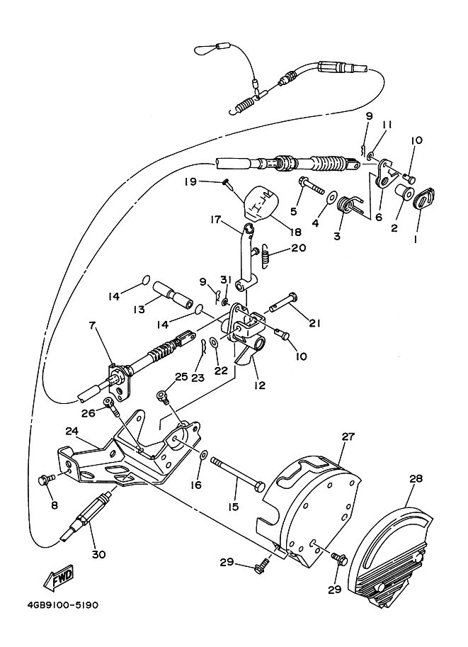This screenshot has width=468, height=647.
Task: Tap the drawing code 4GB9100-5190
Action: click(63, 606)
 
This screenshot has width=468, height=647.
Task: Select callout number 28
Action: click(415, 478)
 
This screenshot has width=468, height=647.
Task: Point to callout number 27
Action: click(348, 437)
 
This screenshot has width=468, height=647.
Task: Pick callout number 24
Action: click(72, 430)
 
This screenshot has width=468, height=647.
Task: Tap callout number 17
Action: click(216, 220)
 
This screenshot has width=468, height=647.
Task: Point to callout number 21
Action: click(314, 323)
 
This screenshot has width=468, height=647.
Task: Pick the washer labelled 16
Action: click(203, 456)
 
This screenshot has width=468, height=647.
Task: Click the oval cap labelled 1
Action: click(423, 200)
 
